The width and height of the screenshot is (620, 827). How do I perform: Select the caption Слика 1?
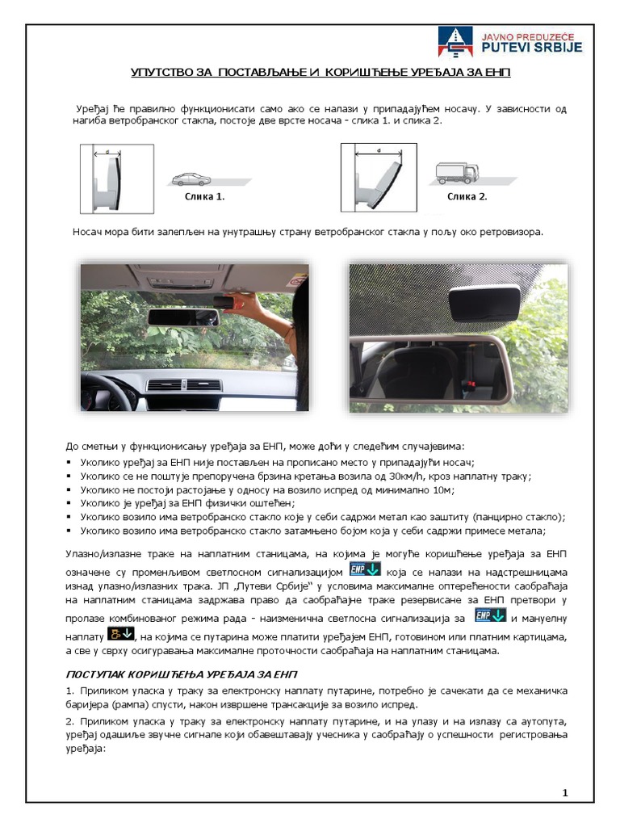[x=204, y=196]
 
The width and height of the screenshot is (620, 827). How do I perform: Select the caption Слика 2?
[x=467, y=196]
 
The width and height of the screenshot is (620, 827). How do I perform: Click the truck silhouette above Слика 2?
[x=457, y=172]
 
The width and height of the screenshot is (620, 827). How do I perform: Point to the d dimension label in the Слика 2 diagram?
[x=379, y=150]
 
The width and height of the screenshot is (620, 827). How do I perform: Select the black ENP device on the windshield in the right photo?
[x=484, y=302]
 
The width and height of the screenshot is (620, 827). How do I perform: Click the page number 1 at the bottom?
[x=565, y=793]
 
